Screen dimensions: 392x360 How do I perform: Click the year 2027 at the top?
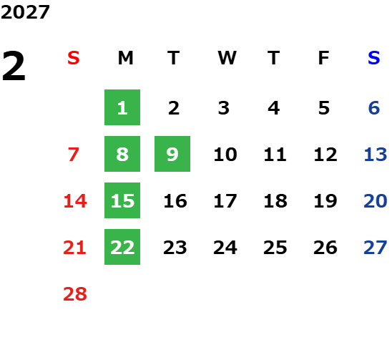pos(25,12)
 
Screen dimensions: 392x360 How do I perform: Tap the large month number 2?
pos(14,66)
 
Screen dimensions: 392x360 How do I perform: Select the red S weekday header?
pos(74,58)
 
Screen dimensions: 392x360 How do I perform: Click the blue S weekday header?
pos(374,58)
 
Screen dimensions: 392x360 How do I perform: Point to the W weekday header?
pos(227,58)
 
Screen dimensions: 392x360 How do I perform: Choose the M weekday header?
pos(125,58)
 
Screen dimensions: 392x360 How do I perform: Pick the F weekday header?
pos(324,58)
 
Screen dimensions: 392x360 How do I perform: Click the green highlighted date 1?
pos(122,107)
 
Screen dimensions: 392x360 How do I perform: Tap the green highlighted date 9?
pos(172,154)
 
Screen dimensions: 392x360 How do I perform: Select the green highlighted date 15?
pos(122,200)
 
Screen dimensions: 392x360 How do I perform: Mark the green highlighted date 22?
pos(122,247)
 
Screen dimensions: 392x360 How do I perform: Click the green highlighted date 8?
pos(122,154)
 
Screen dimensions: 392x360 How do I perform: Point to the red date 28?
pos(75,294)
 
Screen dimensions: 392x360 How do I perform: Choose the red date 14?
pos(75,200)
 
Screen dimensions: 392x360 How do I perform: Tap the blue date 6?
pos(374,108)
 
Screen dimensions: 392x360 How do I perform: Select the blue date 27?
pos(376,248)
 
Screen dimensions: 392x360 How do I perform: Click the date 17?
pos(225,200)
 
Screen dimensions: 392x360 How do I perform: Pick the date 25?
pos(275,248)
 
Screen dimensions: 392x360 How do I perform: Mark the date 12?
pos(325,155)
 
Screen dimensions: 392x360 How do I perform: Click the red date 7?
pos(74,155)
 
